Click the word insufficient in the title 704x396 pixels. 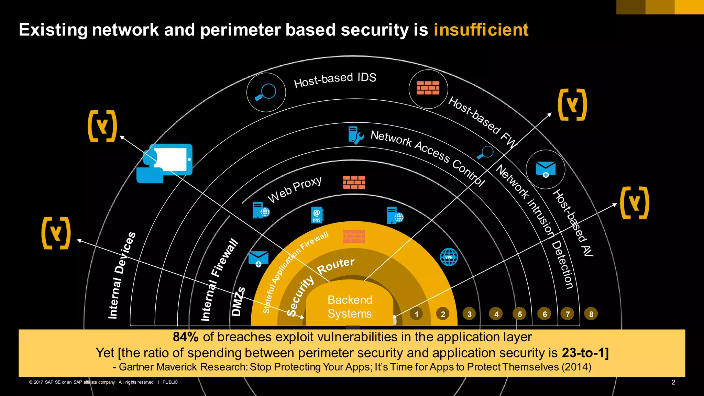pos(481,30)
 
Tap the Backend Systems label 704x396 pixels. pos(350,307)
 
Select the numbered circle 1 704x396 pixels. pos(416,314)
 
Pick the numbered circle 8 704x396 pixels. pos(591,314)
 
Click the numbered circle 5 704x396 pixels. pos(519,314)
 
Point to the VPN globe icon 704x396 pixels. pos(449,257)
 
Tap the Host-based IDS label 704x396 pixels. pos(335,80)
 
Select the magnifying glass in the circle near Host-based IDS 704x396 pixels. pos(266,92)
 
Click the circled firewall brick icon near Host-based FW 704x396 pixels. pos(428,88)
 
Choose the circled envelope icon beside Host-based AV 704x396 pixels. pos(546,169)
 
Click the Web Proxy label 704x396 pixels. pos(295,189)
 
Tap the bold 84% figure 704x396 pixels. pos(185,337)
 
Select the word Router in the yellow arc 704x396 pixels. pos(335,266)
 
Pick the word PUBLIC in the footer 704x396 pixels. pos(170,382)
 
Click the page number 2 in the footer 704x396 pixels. pos(673,382)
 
